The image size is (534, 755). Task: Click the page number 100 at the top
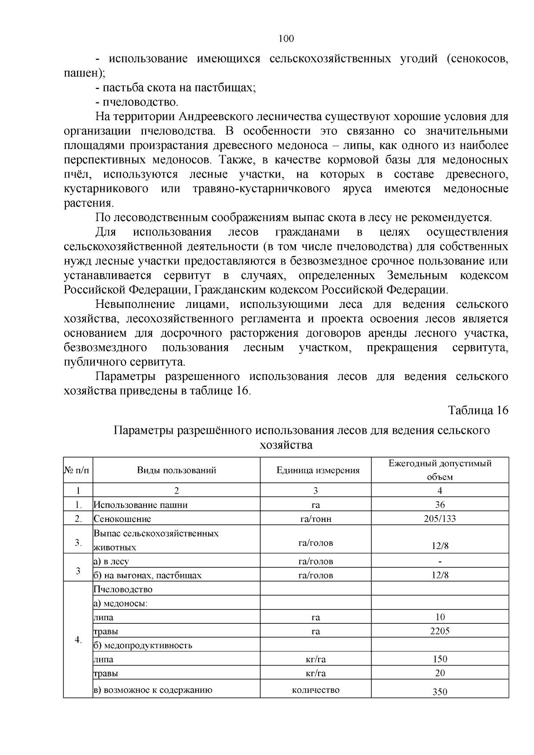(x=286, y=39)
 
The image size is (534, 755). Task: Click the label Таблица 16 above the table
(x=477, y=410)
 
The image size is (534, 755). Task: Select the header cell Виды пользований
(x=176, y=470)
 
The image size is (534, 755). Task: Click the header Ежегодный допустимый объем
(x=440, y=470)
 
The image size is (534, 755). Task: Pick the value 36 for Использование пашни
(x=440, y=505)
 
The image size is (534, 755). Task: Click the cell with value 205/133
(x=440, y=518)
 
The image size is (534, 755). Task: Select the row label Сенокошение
(x=122, y=519)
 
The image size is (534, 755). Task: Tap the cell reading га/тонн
(x=316, y=519)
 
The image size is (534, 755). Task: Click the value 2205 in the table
(x=440, y=631)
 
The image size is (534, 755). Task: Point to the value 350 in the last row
(x=440, y=691)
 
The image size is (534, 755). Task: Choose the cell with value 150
(x=440, y=659)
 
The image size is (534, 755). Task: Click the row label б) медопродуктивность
(x=143, y=645)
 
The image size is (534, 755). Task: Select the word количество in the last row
(x=316, y=690)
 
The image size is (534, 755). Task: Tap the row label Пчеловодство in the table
(x=123, y=589)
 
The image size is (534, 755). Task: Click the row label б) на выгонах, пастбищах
(x=147, y=575)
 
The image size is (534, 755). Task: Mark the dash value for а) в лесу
(x=440, y=561)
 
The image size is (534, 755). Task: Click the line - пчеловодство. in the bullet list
(x=137, y=102)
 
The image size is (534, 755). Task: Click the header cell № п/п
(x=78, y=470)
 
